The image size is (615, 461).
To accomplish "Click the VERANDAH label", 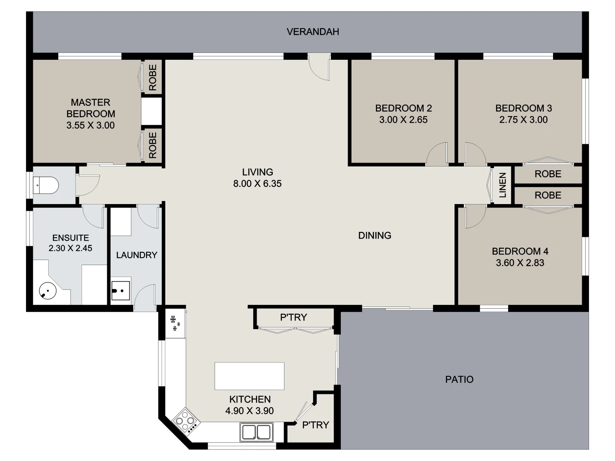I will (313, 32).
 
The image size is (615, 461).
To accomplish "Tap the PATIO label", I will (459, 379).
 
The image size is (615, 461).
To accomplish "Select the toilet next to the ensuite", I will (46, 185).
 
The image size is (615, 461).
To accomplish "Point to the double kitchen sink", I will (256, 432).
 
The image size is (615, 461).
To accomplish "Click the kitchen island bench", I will (249, 376).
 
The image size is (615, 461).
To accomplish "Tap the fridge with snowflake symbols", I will (176, 323).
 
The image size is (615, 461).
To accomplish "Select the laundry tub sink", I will (120, 290).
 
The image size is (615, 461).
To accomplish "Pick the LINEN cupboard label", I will (503, 185).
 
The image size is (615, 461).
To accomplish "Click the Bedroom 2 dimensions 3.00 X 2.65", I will (403, 120).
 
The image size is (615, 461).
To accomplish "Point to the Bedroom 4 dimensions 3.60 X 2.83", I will (520, 263).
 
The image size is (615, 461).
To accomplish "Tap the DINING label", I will (375, 236).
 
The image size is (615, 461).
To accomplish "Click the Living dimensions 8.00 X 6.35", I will (257, 184).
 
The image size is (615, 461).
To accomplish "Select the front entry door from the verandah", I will (319, 67).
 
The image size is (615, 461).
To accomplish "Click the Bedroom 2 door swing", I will (437, 155).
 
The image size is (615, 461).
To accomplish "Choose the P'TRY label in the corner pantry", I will (315, 425).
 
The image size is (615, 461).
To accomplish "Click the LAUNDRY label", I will (137, 255).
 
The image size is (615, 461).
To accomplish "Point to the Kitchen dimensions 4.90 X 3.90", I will (249, 411).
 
